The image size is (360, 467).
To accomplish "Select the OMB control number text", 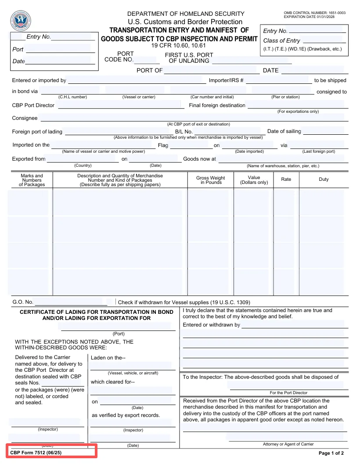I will coord(314,13).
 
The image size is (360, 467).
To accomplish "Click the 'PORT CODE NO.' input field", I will coord(147,60).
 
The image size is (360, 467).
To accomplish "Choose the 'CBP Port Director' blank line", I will coord(121,105).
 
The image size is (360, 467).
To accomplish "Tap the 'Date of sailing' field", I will coord(325,131).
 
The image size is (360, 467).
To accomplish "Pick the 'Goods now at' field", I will coord(283,159).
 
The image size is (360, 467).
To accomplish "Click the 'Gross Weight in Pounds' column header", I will coord(210,180).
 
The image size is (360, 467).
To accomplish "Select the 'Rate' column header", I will coord(286,179).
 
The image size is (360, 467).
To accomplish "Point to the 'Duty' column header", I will coord(324,179).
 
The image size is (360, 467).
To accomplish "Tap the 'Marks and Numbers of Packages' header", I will coord(32,180).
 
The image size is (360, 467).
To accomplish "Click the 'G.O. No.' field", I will coord(71,302).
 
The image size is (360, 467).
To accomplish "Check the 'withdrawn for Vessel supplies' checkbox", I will coord(116,302).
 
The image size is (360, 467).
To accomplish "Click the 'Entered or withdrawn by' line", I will coord(295,325).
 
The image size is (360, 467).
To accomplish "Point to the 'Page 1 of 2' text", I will coord(331,453).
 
